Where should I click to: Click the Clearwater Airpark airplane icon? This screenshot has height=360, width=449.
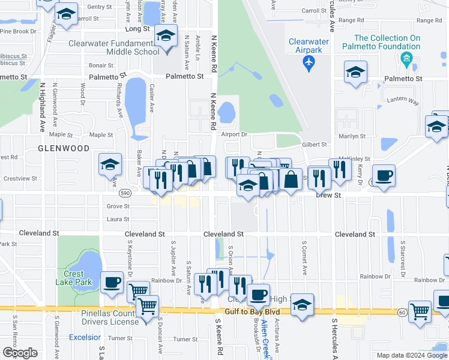click(x=309, y=62)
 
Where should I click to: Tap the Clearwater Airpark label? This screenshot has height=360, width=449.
click(x=309, y=46)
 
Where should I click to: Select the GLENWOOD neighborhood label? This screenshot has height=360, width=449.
click(x=64, y=148)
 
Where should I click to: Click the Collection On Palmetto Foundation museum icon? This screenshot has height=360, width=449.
click(x=407, y=59)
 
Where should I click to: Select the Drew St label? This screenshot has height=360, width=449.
click(x=328, y=195)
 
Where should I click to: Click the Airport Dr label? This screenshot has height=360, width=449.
click(x=234, y=135)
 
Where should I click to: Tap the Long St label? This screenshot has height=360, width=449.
click(x=137, y=29)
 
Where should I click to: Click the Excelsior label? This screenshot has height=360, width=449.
click(x=85, y=337)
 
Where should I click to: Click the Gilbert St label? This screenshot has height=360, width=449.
click(x=315, y=145)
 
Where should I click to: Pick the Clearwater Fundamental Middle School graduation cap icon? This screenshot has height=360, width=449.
click(x=165, y=36)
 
